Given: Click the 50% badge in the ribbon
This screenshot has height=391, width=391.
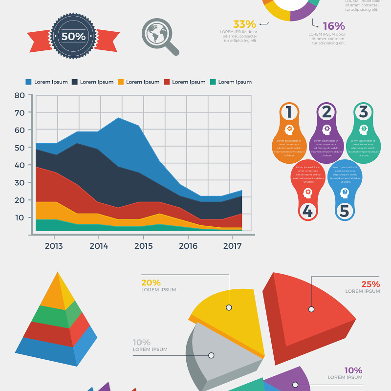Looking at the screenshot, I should [73, 36].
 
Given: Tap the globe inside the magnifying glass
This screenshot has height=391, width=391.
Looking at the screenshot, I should [157, 33].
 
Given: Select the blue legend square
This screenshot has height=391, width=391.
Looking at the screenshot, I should [29, 82].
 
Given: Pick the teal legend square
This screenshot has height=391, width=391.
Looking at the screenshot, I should [213, 82].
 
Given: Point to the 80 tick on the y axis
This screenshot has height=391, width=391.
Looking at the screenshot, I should [20, 95].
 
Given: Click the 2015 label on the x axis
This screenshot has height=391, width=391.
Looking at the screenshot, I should [143, 246].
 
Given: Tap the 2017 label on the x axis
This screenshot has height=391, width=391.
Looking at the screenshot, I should [232, 246].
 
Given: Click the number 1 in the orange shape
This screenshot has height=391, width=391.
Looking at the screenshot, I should [289, 112].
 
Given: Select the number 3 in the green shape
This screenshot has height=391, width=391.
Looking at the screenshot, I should [363, 112].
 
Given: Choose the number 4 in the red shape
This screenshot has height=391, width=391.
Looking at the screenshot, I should [307, 211].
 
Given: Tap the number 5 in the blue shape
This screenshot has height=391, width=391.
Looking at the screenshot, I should [345, 211].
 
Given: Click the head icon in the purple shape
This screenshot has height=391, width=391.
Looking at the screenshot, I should [326, 130].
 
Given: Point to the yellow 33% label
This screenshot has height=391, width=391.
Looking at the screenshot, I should [244, 24].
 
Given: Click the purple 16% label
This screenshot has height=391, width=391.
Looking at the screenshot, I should [333, 26].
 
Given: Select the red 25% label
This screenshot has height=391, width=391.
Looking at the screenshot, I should [370, 284].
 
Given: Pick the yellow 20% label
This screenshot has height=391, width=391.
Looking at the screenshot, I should [151, 282].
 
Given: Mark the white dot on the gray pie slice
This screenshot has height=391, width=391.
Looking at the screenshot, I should [211, 355].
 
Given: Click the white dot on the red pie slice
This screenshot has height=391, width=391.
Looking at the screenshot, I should [311, 309].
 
